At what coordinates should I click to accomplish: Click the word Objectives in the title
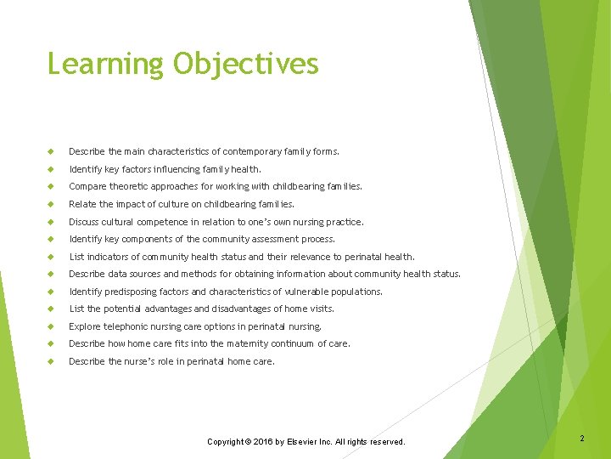click(245, 64)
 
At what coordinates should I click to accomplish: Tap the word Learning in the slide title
click(105, 64)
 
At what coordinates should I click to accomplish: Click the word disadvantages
click(245, 309)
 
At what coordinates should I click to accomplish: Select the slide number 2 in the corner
click(582, 439)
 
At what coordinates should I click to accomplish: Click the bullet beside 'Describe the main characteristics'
click(52, 152)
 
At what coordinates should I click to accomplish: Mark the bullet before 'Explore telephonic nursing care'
click(52, 326)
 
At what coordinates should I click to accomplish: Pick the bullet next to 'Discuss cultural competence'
click(52, 222)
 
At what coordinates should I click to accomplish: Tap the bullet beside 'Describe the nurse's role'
click(52, 361)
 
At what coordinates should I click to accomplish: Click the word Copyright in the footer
click(227, 442)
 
